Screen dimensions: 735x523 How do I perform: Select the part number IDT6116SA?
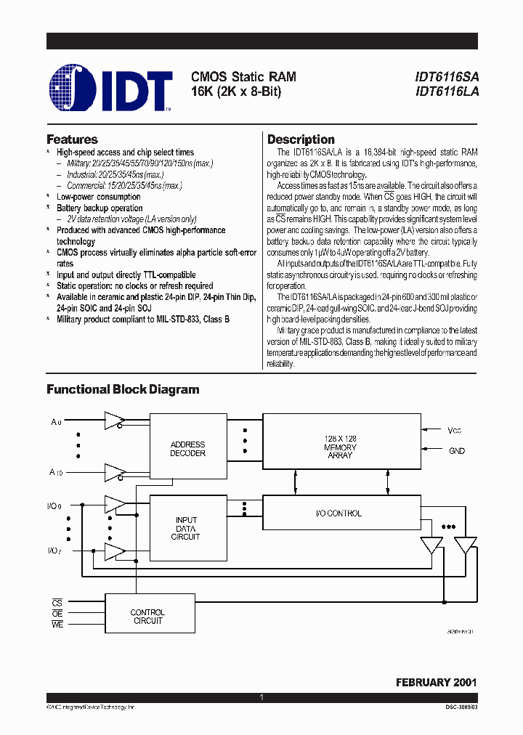[x=447, y=77]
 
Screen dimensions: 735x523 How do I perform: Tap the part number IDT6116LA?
[x=447, y=92]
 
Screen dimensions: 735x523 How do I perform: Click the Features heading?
[x=72, y=139]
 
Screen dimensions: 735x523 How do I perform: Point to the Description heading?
[x=301, y=139]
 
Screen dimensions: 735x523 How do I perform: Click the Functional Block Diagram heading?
[x=123, y=389]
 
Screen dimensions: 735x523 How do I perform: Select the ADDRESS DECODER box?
[x=187, y=449]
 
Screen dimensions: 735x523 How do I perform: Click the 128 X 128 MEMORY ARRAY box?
[x=340, y=447]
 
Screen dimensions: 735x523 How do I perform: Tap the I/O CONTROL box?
[x=340, y=513]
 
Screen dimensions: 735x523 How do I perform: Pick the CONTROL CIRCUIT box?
[x=147, y=617]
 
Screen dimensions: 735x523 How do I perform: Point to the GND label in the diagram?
[x=457, y=451]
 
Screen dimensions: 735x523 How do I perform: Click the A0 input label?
[x=57, y=421]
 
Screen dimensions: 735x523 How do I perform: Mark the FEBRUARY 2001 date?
[x=436, y=683]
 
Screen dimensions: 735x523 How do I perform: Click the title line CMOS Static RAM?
[x=243, y=77]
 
